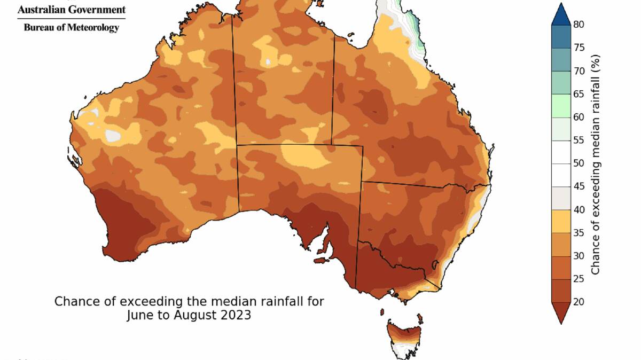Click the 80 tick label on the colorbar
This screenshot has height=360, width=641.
579,25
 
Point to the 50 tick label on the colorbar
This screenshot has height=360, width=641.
579,163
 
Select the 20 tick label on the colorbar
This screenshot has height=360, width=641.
579,302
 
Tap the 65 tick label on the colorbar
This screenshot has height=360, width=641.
579,94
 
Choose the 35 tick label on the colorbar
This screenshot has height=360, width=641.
579,232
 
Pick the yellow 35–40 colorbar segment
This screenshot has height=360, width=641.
561,221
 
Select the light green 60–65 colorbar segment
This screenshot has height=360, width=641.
561,105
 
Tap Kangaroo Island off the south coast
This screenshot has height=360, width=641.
320,261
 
